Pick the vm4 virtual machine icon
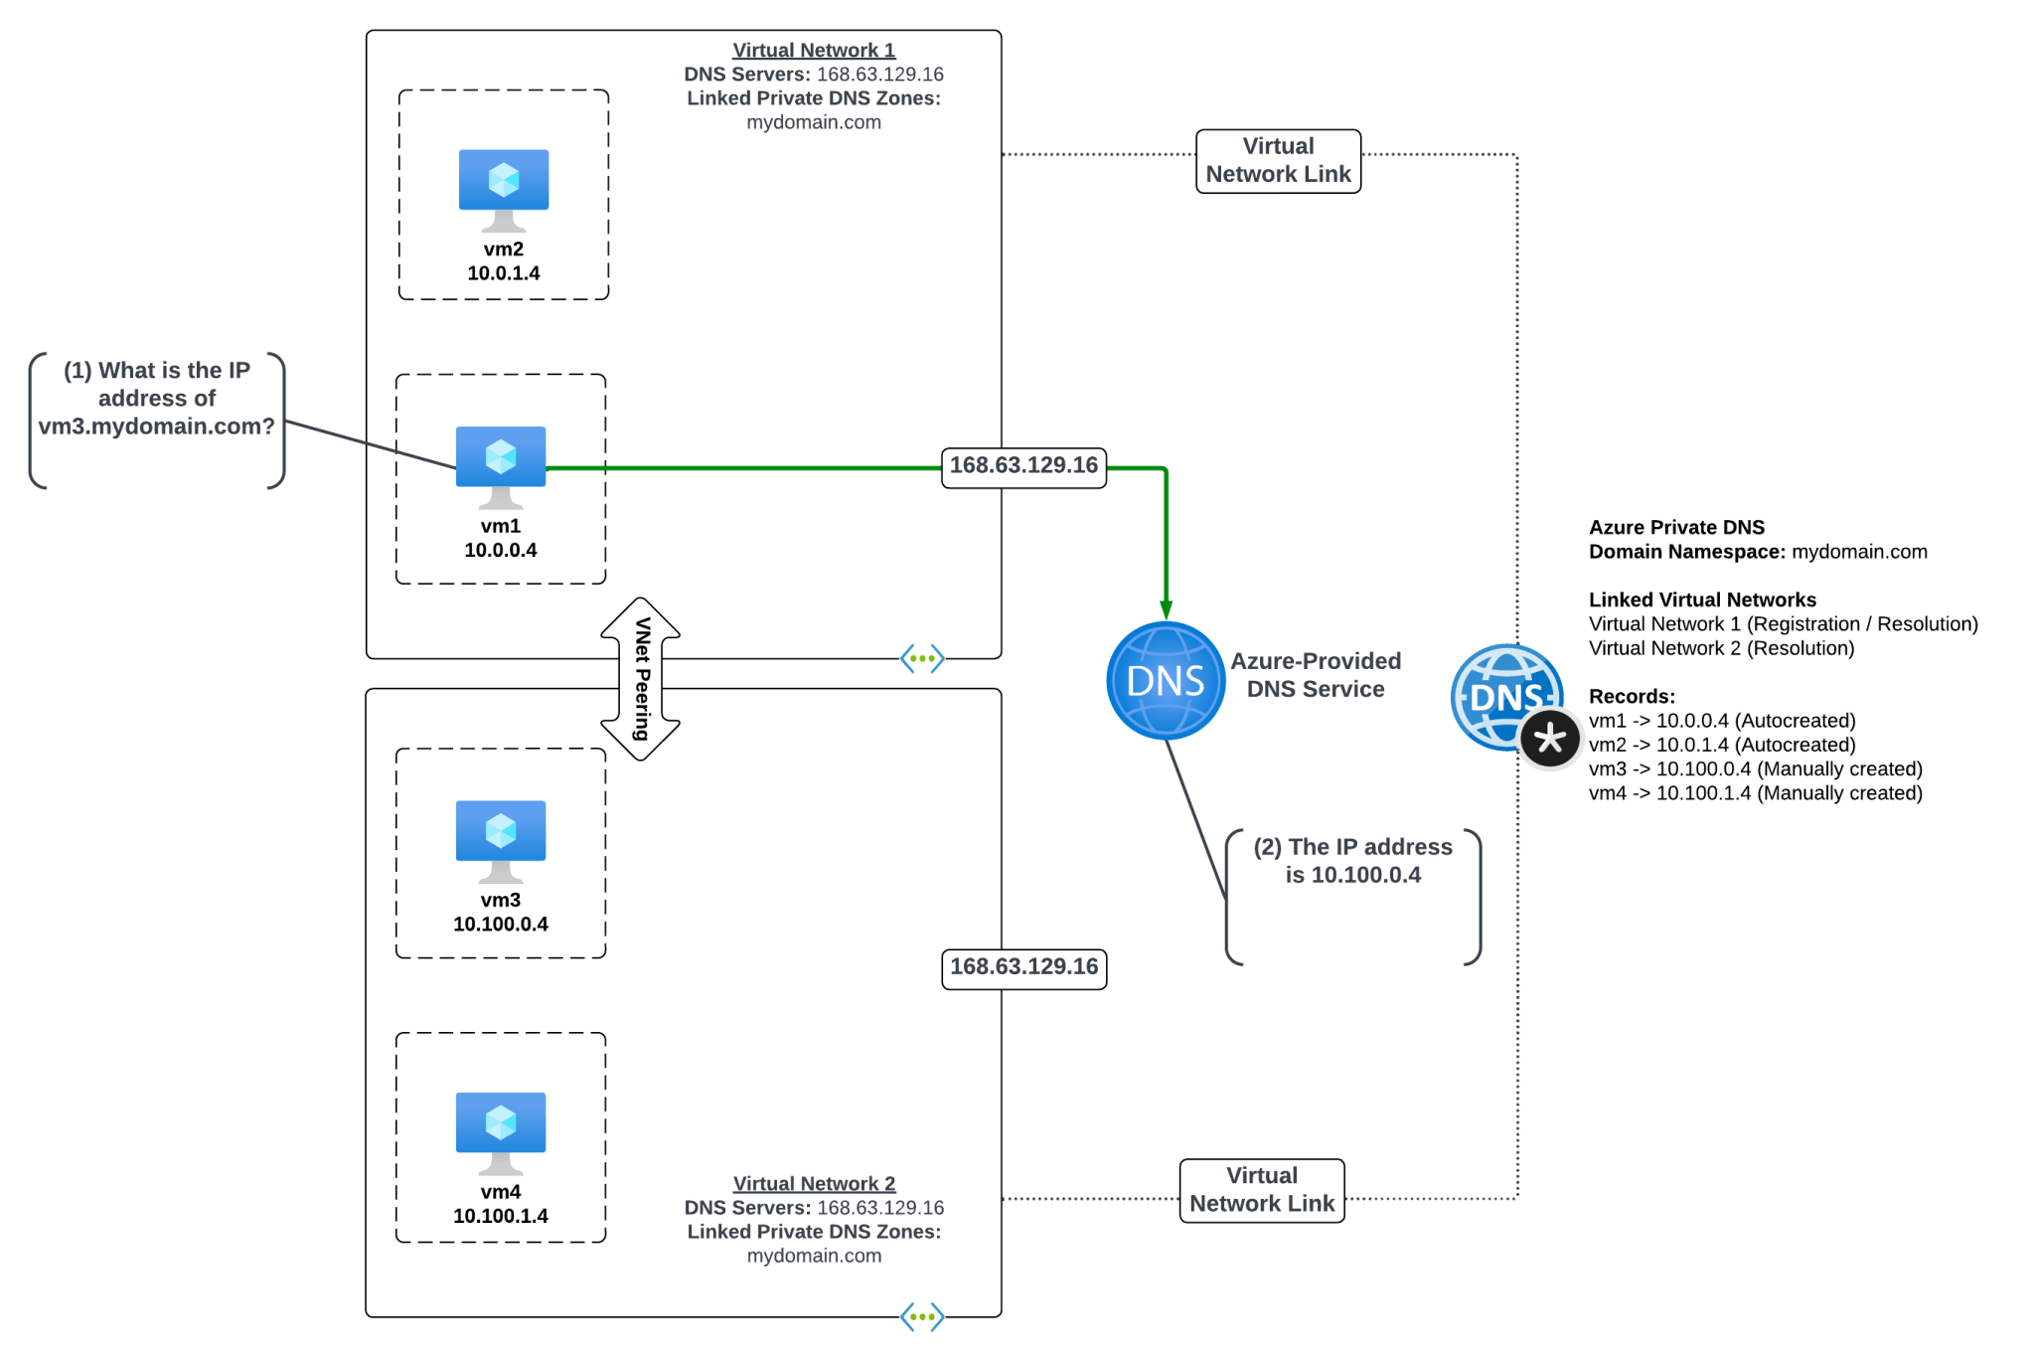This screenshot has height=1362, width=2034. click(x=500, y=1130)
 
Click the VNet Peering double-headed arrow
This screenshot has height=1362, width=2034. click(x=641, y=679)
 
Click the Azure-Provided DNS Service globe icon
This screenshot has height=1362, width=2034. click(x=1165, y=681)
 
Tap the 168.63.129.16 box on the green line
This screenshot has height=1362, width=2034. click(x=1023, y=466)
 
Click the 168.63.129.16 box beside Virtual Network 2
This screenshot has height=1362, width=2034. click(x=1023, y=967)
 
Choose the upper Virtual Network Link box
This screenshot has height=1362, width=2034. click(x=1278, y=161)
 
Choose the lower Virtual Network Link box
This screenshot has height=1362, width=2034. click(x=1262, y=1190)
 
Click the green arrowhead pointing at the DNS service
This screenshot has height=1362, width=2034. click(x=1166, y=609)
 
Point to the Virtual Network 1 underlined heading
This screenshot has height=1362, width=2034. click(x=814, y=50)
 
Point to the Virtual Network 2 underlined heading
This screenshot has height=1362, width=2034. click(x=814, y=1183)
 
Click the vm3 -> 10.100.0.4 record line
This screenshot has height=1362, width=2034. click(x=1755, y=768)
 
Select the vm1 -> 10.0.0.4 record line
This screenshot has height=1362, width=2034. click(x=1721, y=721)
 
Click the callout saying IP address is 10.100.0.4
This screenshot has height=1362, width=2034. click(x=1352, y=862)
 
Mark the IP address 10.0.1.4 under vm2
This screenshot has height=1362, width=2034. click(x=503, y=273)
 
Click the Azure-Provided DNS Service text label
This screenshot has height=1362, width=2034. click(x=1315, y=675)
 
